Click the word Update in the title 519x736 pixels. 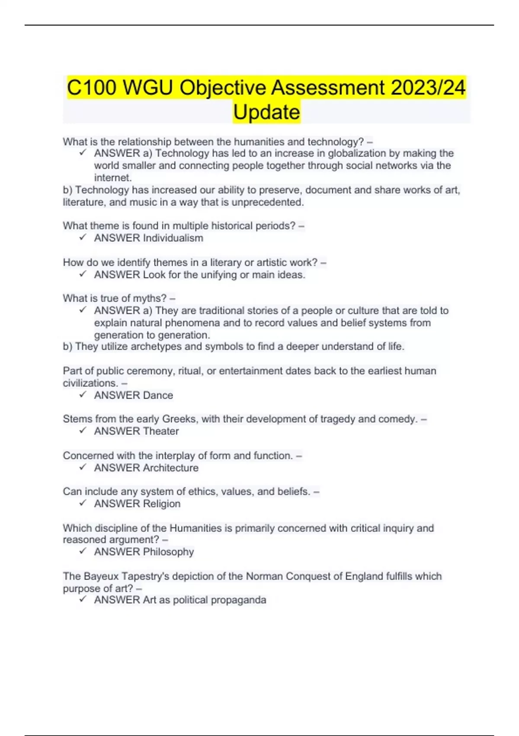pos(266,112)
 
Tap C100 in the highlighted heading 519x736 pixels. pos(92,87)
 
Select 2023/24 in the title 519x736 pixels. pos(428,87)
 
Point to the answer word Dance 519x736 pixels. pos(158,395)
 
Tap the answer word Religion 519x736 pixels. pos(162,504)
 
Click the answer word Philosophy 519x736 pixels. pos(168,552)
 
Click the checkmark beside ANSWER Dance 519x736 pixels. pos(83,394)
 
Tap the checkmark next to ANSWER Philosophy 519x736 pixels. pos(83,551)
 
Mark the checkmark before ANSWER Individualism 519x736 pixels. pos(83,237)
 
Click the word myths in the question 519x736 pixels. pos(153,298)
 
